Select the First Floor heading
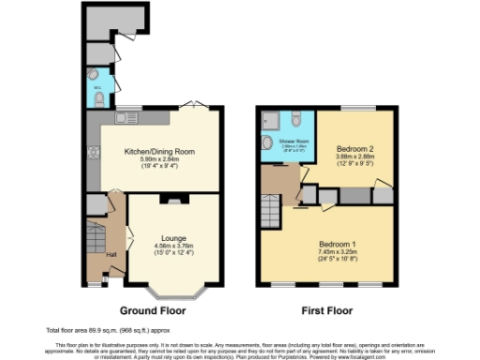(x=327, y=310)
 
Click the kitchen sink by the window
(x=123, y=119)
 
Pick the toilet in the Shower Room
(x=295, y=118)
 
